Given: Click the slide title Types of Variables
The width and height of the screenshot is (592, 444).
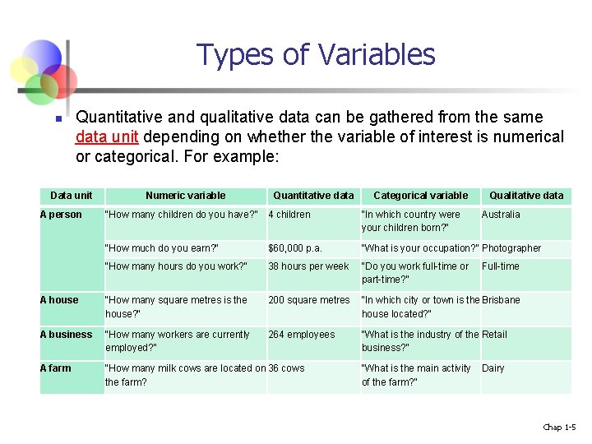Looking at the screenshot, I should click(316, 55).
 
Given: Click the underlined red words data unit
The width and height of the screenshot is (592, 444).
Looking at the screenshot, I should click(106, 136).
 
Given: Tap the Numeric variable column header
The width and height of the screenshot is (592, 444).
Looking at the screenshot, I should click(185, 196).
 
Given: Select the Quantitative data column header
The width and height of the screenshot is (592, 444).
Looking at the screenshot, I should click(313, 196).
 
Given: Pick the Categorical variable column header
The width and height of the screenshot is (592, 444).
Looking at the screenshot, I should click(420, 196).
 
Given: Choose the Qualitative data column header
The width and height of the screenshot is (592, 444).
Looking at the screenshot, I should click(526, 196).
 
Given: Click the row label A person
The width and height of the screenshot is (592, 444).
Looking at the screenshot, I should click(62, 215).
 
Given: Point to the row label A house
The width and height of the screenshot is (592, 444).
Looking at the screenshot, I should click(60, 300).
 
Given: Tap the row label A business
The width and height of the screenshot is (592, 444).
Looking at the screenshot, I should click(67, 335).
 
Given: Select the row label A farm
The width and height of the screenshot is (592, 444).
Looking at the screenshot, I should click(57, 368).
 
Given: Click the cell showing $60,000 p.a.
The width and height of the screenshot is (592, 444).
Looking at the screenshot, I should click(295, 248).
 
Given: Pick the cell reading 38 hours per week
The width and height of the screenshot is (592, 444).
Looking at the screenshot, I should click(308, 266).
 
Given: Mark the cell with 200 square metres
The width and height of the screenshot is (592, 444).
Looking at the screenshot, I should click(308, 300).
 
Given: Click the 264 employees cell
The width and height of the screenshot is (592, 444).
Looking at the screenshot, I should click(302, 335).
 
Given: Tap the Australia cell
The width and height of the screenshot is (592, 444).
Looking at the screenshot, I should click(501, 215).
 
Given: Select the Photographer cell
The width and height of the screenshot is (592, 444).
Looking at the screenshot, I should click(511, 248).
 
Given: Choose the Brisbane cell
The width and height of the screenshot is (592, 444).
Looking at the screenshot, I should click(501, 300).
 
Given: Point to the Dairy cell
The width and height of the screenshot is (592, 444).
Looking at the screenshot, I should click(493, 368).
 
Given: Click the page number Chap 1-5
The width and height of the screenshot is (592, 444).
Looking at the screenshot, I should click(559, 427).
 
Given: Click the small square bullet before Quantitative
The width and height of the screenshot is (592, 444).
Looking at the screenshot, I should click(58, 119).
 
